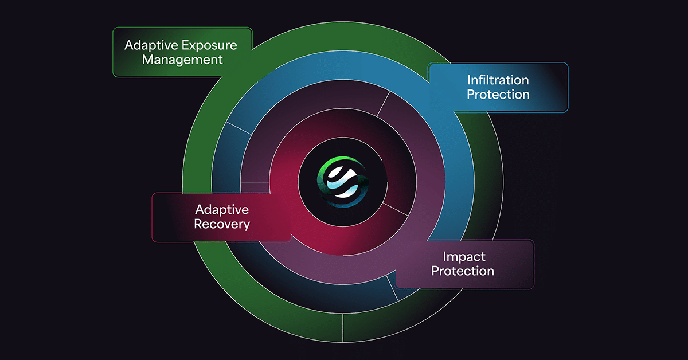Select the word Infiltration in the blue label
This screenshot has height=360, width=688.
click(498, 79)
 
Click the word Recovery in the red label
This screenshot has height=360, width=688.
click(222, 224)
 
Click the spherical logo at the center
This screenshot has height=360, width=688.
click(343, 179)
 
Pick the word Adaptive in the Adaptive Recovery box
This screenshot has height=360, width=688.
click(222, 209)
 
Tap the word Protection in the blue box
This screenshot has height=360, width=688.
click(498, 94)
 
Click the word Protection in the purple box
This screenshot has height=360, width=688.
click(463, 271)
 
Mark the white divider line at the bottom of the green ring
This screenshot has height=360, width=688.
click(342, 327)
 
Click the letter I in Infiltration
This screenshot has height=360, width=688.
click(469, 79)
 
